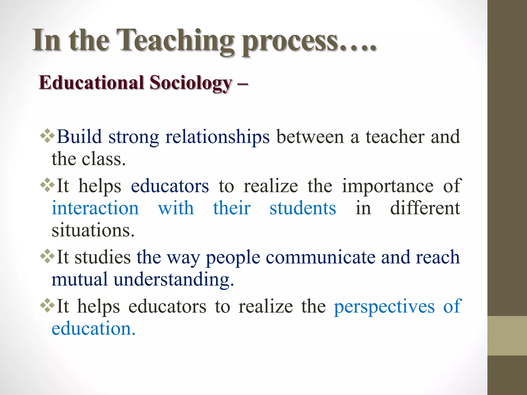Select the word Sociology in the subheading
[x=191, y=83]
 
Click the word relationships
[x=217, y=137]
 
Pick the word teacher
[x=395, y=137]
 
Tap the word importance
[x=388, y=186]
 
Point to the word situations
[x=93, y=230]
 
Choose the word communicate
[x=320, y=257]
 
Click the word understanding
[x=174, y=279]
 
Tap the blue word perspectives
[x=384, y=306]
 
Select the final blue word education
[x=93, y=328]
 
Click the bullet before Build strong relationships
[x=47, y=136]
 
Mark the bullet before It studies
[x=47, y=256]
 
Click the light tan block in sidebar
[x=507, y=336]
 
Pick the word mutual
[x=79, y=279]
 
